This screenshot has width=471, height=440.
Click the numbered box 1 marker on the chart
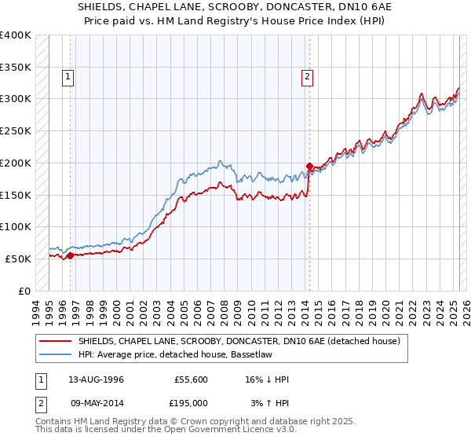click(69, 77)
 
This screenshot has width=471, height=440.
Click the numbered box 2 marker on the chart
click(306, 77)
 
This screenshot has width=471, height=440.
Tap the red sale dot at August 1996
click(71, 255)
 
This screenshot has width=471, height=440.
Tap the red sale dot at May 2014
click(309, 166)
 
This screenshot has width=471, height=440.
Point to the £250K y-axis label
click(16, 130)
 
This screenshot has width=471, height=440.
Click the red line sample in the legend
click(57, 341)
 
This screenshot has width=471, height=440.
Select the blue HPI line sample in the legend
click(57, 354)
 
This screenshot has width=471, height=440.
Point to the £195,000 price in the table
click(192, 402)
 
